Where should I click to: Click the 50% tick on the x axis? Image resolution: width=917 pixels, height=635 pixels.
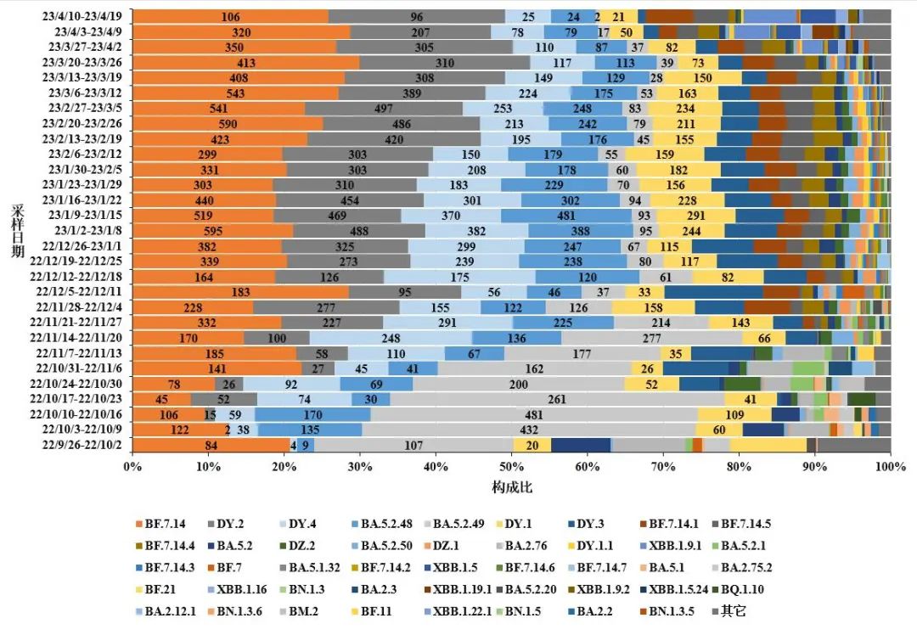[x=512, y=466]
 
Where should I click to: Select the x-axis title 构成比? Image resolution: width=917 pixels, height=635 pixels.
[x=512, y=487]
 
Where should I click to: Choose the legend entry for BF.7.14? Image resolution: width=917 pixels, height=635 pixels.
[x=166, y=524]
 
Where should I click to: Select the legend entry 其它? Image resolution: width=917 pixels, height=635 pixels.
[x=733, y=610]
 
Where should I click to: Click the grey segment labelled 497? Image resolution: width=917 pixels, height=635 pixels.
[x=383, y=108]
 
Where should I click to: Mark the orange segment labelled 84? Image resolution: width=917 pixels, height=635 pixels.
[x=211, y=445]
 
